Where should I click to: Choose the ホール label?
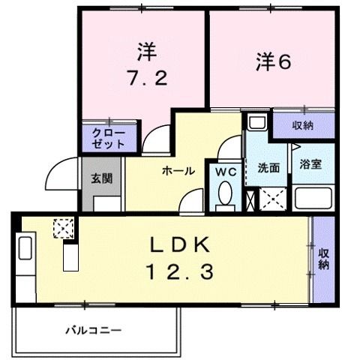point(178,171)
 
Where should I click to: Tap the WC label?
point(226,171)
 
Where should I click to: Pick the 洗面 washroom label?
point(268,166)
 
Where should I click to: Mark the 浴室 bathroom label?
point(310,163)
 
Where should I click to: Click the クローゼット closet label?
point(109,137)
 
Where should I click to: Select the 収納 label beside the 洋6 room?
point(303,124)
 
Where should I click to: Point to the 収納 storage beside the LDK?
point(324,259)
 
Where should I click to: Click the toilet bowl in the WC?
point(223,196)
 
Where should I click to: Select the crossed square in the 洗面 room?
point(271,199)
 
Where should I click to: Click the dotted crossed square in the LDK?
point(63,227)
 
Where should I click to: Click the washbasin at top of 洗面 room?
point(254,122)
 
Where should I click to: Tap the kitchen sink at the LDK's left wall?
point(25,248)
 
